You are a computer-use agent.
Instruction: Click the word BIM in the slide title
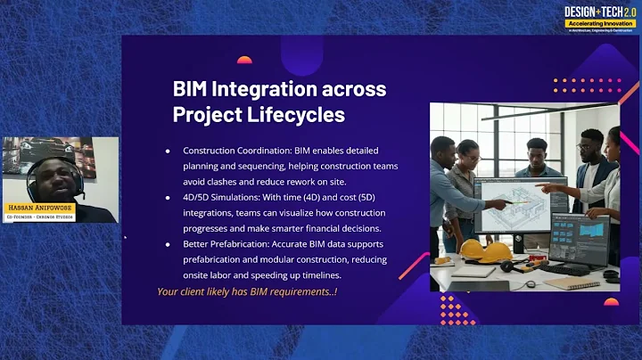coord(195,89)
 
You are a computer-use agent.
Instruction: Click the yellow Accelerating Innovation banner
coord(603,23)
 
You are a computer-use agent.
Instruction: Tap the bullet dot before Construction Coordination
coord(168,151)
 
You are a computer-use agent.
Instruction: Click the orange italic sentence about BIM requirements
coord(248,291)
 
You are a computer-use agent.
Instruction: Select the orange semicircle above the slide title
coord(243,61)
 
